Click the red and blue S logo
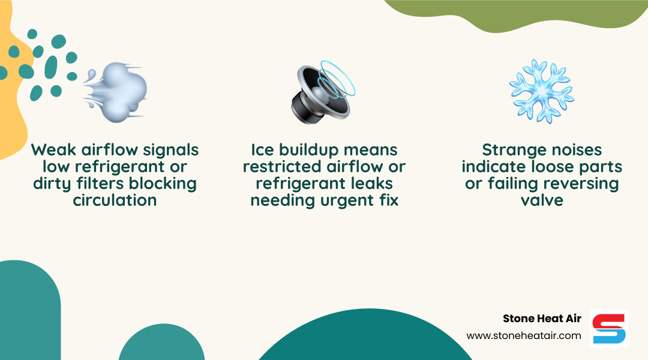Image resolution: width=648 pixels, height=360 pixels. [x=609, y=329]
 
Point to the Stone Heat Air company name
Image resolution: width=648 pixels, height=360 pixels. [x=542, y=319]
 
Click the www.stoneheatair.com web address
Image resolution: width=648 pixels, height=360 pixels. [x=524, y=335]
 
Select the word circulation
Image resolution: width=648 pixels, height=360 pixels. [x=115, y=200]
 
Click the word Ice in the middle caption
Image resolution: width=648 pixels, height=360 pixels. [x=262, y=149]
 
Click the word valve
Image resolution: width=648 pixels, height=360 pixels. [x=542, y=200]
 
